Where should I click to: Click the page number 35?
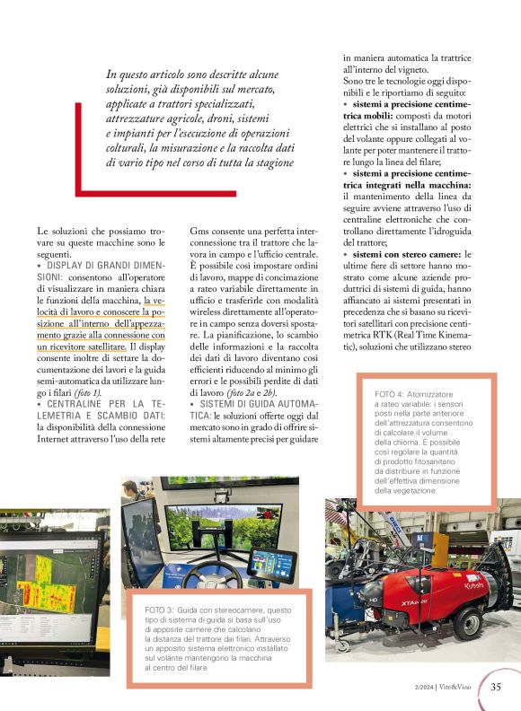pyautogui.click(x=496, y=688)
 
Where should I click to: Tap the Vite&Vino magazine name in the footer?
pyautogui.click(x=460, y=689)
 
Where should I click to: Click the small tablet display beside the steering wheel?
pyautogui.click(x=272, y=565)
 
